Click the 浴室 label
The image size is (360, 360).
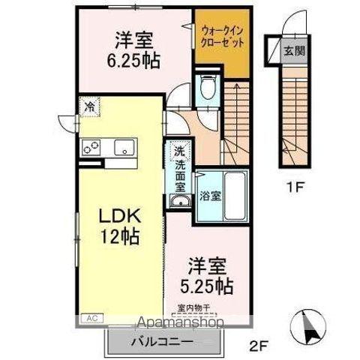[210, 197]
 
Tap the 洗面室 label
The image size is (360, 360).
[179, 174]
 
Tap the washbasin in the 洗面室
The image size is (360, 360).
[179, 202]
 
